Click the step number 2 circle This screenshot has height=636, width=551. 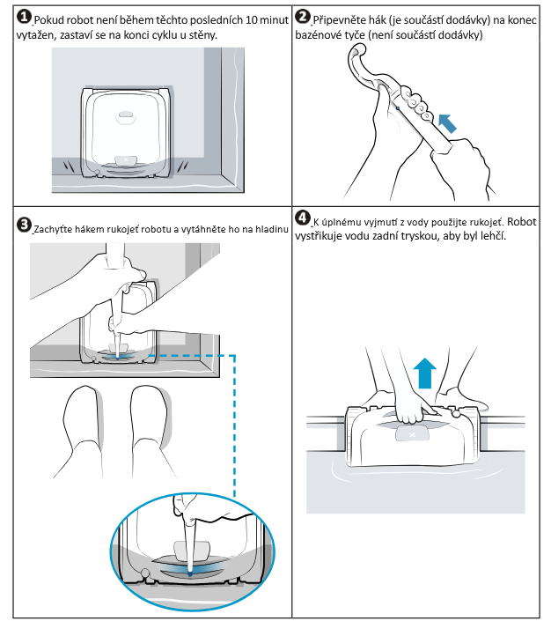(302, 18)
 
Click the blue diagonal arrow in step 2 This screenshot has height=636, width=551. (448, 122)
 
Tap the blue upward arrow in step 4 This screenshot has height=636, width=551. (425, 372)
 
